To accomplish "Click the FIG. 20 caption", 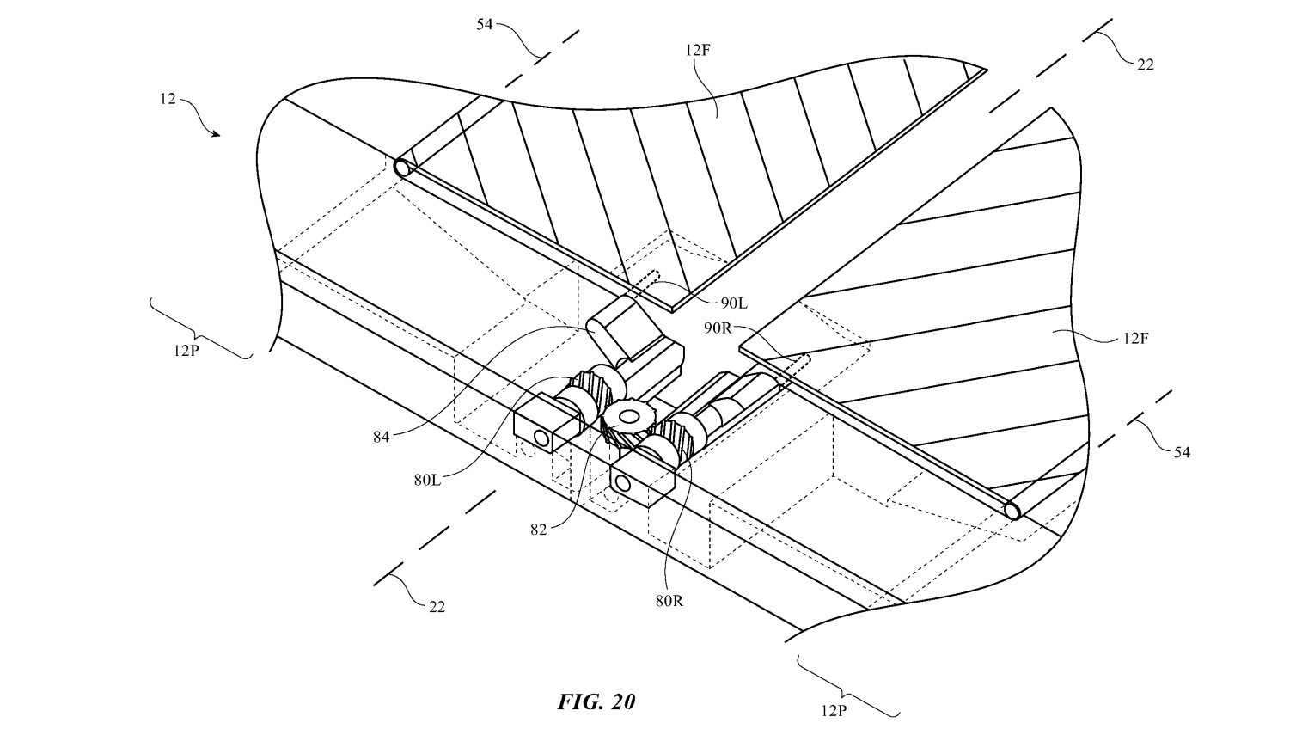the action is coord(596,701).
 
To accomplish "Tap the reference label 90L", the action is coord(734,303).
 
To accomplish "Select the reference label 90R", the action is coord(718,328).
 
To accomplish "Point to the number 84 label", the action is coord(382,438).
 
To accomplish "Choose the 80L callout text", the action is coord(427,480).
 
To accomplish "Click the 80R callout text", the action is coord(669,601).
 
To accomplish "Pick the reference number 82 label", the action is coord(538,530).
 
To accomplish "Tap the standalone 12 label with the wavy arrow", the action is coord(168,99).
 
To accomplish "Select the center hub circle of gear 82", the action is coord(628,417).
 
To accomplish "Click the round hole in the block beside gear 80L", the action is coord(541,438).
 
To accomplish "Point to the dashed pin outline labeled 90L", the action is coord(647,282).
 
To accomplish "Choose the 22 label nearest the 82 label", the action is coord(437,607).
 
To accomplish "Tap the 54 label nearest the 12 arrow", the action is coord(484,24).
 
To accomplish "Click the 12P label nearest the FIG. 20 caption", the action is coord(833,710).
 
